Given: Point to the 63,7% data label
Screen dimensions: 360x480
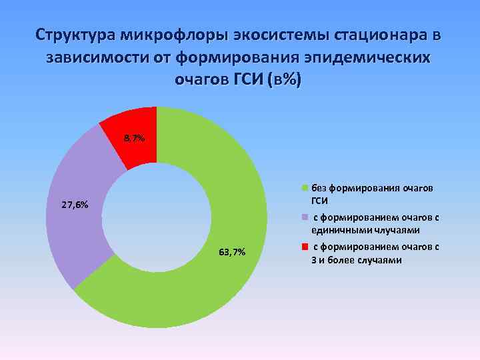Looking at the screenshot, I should point(232,251).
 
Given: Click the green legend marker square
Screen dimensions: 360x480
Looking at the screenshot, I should point(305,188).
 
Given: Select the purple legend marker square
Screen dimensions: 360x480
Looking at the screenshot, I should point(305,217).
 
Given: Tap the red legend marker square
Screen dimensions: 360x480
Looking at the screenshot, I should point(305,247).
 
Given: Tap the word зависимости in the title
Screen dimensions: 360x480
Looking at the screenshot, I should point(99,57).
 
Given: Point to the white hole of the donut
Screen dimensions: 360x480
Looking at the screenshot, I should point(157,217).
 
